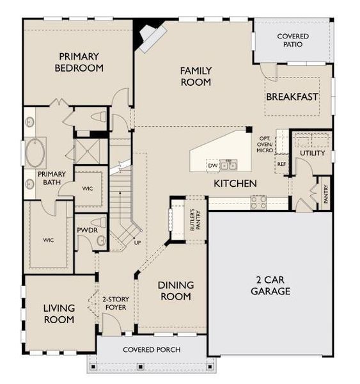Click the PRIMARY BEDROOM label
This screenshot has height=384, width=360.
pyautogui.click(x=79, y=61)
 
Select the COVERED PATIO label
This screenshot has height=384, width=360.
pyautogui.click(x=293, y=40)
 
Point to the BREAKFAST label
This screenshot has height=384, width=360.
pyautogui.click(x=292, y=97)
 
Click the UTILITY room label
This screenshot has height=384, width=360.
pyautogui.click(x=312, y=154)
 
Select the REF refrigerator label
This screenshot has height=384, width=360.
pyautogui.click(x=281, y=164)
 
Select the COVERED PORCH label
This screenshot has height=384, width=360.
pyautogui.click(x=152, y=349)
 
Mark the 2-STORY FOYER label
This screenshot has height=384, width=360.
pyautogui.click(x=115, y=303)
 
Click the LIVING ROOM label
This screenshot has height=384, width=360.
pyautogui.click(x=59, y=314)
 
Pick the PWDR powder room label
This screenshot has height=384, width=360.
pyautogui.click(x=86, y=229)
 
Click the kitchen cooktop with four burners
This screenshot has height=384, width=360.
pyautogui.click(x=258, y=202)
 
